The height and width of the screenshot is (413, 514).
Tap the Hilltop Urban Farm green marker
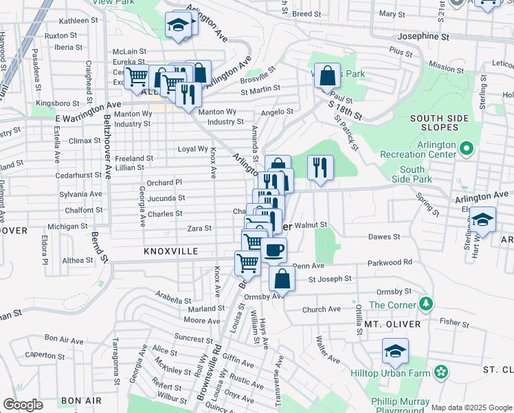point(440,373)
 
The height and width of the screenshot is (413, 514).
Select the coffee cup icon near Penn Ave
point(273,251)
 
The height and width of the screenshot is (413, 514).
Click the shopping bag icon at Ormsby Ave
point(282,279)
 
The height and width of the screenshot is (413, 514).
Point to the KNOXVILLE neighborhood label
point(171,252)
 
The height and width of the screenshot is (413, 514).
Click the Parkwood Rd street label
point(389,262)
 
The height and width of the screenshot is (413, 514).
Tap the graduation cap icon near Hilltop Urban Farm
point(395,351)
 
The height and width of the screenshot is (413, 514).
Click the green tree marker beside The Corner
point(427,304)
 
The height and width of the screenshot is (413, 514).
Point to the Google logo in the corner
point(23,405)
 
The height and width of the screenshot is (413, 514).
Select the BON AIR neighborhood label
point(81,400)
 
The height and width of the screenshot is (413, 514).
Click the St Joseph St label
point(329,279)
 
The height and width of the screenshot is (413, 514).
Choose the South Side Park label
point(412,175)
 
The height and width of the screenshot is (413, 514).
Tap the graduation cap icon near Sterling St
point(483,220)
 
